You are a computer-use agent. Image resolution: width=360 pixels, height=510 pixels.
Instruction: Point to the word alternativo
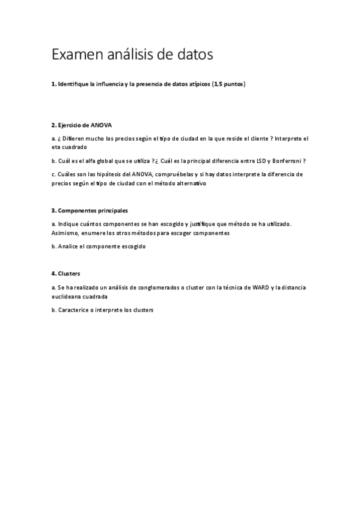(189, 183)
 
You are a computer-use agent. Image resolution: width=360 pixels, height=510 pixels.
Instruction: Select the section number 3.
(53, 210)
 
